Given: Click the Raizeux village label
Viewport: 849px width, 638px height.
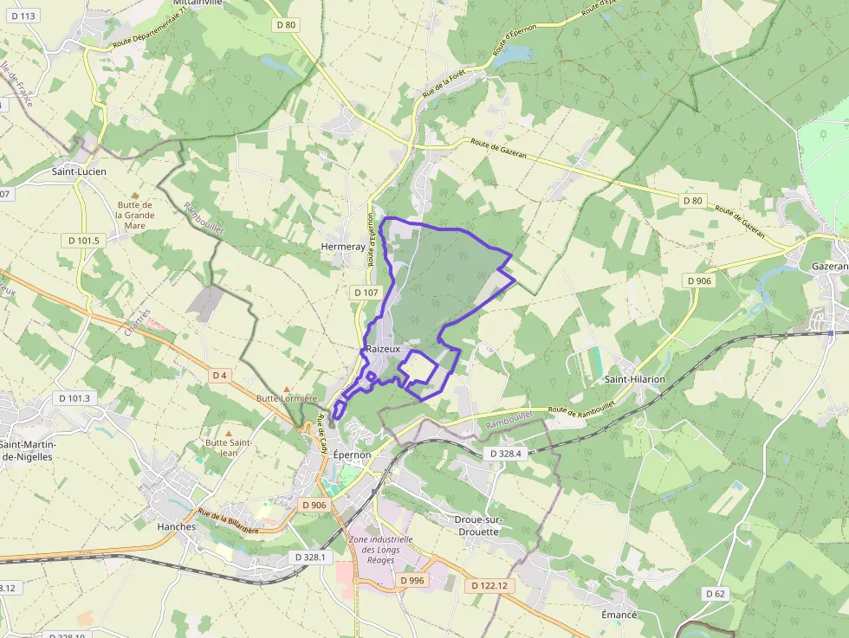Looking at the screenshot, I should (385, 348).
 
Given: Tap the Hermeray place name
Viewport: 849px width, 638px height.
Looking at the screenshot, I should (343, 247).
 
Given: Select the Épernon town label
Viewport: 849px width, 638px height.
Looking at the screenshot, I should (351, 454).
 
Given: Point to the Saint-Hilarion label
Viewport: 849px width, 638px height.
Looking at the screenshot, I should (635, 379).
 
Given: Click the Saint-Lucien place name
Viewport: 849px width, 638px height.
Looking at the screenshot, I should (79, 171).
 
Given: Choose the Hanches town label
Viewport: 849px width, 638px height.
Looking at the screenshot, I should (177, 525).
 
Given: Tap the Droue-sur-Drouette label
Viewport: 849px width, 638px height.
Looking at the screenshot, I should (464, 525).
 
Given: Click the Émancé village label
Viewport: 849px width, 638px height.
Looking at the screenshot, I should (619, 615).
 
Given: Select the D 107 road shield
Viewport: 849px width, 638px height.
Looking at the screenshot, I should (366, 293).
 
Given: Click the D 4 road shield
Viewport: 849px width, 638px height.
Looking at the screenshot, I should (220, 376).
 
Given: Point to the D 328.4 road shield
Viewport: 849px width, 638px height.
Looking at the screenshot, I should (506, 453).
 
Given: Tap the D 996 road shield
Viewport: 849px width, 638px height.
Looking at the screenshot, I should (412, 580).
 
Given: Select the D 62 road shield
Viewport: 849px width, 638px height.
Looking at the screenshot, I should (715, 593).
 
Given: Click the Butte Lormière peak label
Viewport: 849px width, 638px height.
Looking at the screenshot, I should (287, 398).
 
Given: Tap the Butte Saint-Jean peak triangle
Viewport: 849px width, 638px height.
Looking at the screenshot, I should (229, 432).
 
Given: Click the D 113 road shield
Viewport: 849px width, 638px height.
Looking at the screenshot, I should (24, 16).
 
